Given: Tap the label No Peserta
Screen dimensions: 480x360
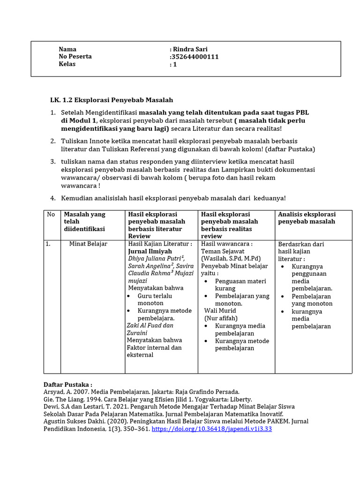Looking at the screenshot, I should click(x=75, y=57).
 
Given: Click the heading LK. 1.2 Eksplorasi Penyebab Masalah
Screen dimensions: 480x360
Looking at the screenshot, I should click(x=112, y=100).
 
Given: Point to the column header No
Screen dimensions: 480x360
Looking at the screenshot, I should click(x=51, y=214).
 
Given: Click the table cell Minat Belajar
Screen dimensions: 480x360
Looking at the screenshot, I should click(x=88, y=244).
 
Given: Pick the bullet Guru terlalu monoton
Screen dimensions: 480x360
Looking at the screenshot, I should click(x=155, y=300).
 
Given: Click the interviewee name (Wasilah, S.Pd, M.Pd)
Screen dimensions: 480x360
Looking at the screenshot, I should click(x=231, y=259).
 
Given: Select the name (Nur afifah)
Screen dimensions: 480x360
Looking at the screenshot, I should click(x=221, y=318).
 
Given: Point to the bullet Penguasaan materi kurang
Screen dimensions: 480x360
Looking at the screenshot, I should click(x=240, y=285).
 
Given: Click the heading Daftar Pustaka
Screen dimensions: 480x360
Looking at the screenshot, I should click(x=67, y=383).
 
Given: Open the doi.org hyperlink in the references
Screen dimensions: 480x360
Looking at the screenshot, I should click(x=212, y=429).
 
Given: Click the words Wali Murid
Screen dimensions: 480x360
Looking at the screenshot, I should click(x=220, y=310).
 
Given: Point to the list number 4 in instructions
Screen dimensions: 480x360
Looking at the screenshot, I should click(x=53, y=198).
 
